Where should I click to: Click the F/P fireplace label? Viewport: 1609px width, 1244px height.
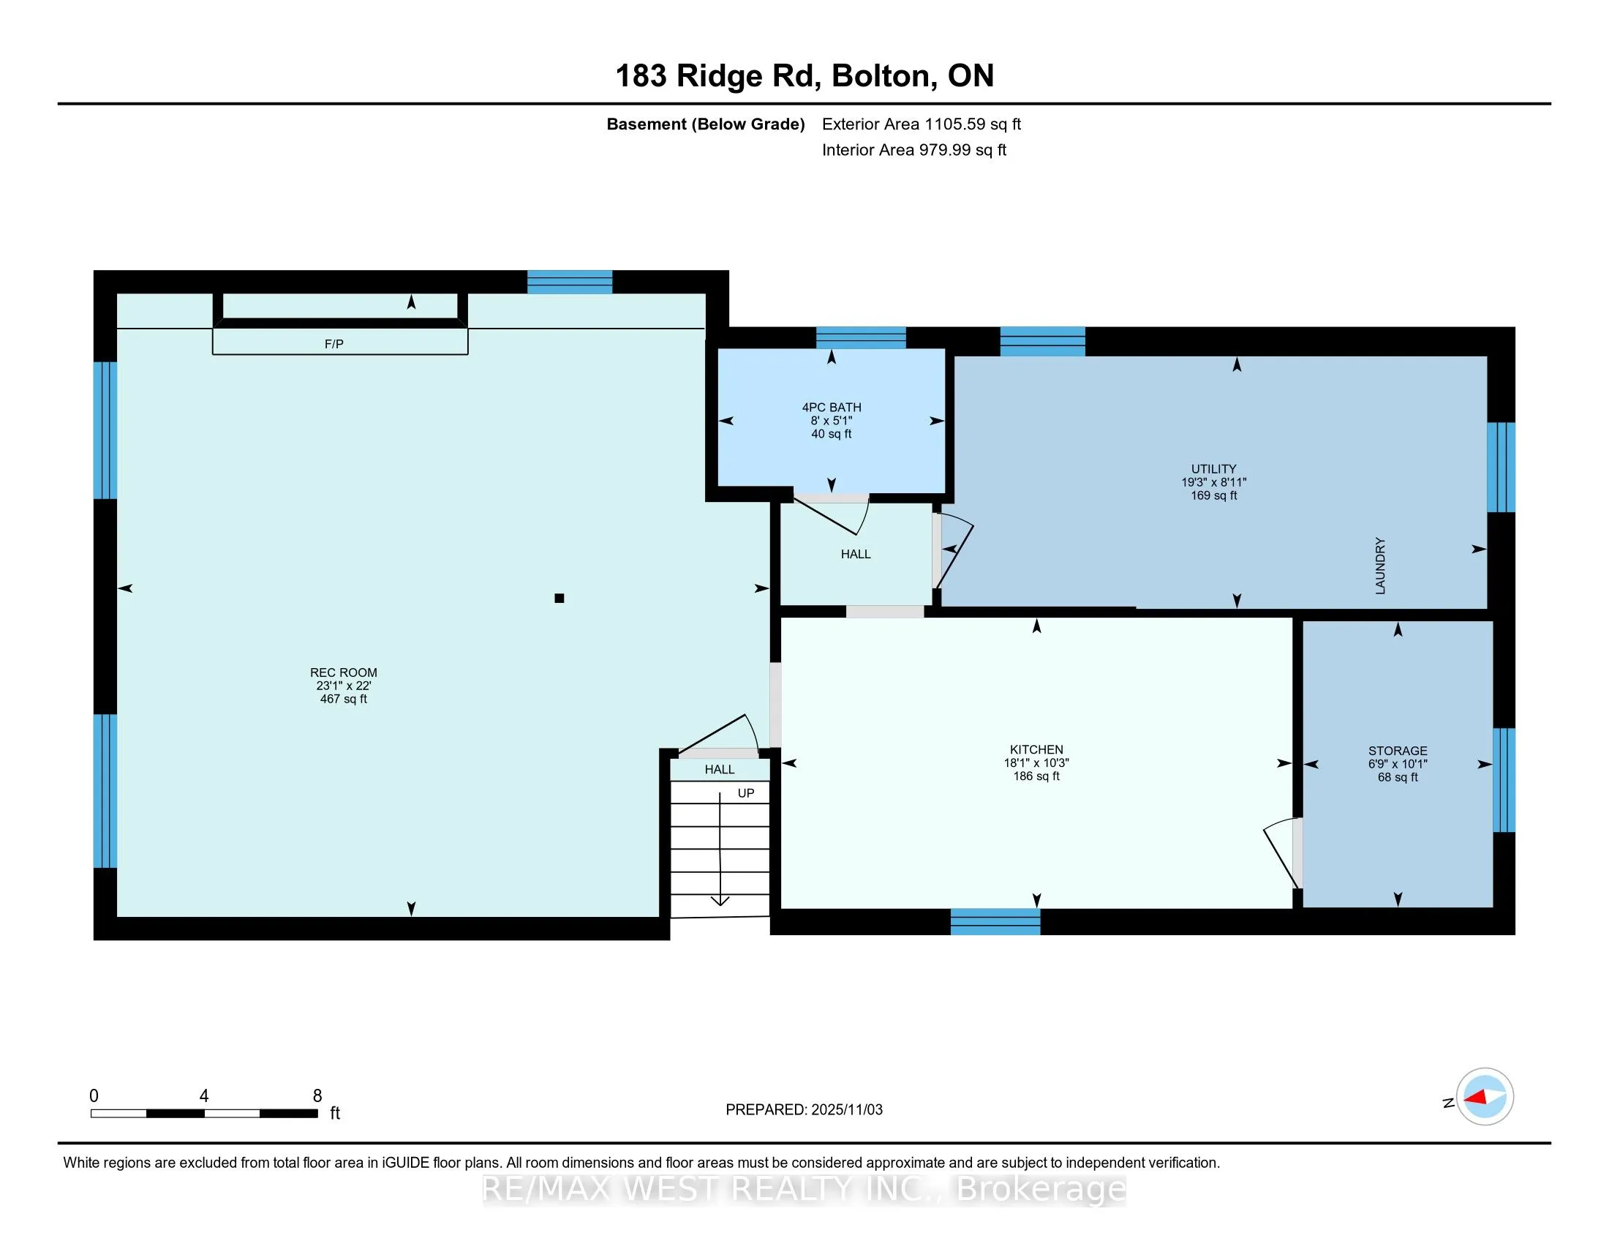coord(334,344)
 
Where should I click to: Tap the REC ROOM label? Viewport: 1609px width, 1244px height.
coord(343,672)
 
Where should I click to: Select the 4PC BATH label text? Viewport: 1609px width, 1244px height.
coord(831,408)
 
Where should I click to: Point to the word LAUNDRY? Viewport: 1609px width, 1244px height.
coord(1380,566)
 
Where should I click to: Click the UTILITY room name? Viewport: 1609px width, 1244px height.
coord(1213,470)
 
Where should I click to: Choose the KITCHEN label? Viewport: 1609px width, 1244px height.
coord(1036,749)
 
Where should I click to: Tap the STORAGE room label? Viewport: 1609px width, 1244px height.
coord(1398,751)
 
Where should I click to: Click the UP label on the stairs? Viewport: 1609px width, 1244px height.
coord(745,794)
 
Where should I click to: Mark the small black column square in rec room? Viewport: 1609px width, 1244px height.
coord(559,599)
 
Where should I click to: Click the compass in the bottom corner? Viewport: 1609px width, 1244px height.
coord(1485,1096)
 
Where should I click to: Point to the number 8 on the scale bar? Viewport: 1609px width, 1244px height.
coord(317,1096)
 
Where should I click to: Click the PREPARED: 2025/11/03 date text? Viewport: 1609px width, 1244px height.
coord(804,1110)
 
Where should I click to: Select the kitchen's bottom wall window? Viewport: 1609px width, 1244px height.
coord(995,922)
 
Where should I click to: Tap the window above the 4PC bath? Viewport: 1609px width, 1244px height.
coord(861,337)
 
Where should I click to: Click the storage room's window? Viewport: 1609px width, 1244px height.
coord(1504,781)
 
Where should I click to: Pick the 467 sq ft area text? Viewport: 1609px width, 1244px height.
coord(343,700)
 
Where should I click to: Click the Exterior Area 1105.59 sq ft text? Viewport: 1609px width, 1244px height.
coord(922,124)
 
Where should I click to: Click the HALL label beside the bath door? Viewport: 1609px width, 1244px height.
coord(856,554)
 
